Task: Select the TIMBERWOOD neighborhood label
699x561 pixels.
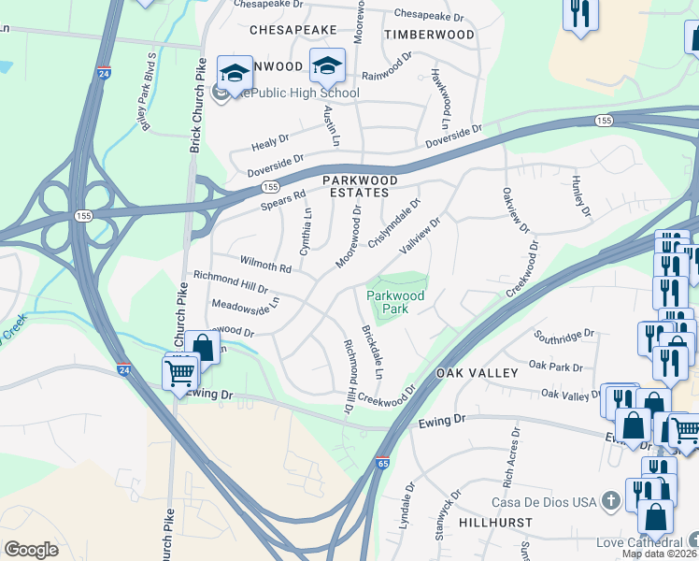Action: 429,34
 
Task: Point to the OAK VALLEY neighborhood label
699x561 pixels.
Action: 478,373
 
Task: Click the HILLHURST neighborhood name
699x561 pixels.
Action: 495,525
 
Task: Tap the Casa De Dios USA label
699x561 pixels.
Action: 545,501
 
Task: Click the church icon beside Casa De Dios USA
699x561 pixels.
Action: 611,501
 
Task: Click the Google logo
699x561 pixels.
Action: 31,550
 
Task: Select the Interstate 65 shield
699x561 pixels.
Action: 383,462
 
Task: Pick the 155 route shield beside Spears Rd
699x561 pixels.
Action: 269,186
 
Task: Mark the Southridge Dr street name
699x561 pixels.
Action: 564,334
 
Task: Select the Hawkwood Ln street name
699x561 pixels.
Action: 440,97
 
